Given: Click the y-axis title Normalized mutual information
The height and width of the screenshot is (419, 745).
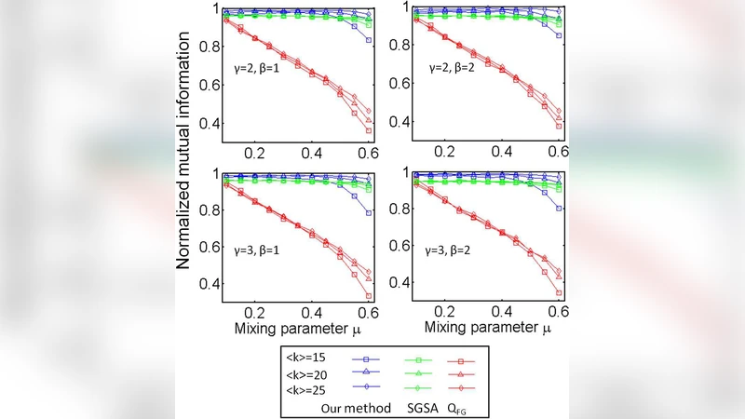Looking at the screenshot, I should click(x=184, y=147).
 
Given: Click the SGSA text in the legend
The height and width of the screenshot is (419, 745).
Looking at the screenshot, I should click(x=422, y=406).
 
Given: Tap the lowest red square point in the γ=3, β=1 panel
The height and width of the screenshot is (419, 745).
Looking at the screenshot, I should click(x=370, y=296).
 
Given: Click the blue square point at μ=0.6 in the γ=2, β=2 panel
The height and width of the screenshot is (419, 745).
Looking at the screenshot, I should click(x=559, y=35).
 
